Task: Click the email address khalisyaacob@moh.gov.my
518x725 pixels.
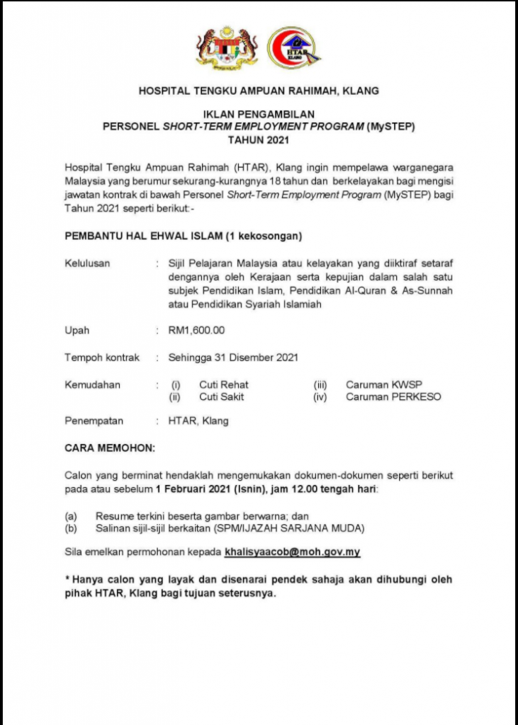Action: pyautogui.click(x=293, y=550)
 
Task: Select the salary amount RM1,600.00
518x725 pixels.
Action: pyautogui.click(x=196, y=331)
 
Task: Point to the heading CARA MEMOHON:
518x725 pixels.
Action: pyautogui.click(x=109, y=447)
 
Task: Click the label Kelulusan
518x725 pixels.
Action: pyautogui.click(x=87, y=263)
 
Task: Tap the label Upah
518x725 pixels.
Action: pyautogui.click(x=77, y=331)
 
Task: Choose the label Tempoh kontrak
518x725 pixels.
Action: pyautogui.click(x=102, y=358)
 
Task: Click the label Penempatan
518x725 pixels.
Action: pyautogui.click(x=94, y=421)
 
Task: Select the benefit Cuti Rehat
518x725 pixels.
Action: pyautogui.click(x=223, y=385)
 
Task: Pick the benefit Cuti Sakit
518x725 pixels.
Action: pyautogui.click(x=221, y=396)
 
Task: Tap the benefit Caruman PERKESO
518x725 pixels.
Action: pyautogui.click(x=393, y=396)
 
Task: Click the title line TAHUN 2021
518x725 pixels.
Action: pyautogui.click(x=259, y=139)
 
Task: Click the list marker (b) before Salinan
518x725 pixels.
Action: pyautogui.click(x=71, y=528)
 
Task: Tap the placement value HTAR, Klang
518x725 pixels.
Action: pyautogui.click(x=198, y=421)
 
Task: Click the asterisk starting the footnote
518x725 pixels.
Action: pyautogui.click(x=67, y=578)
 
